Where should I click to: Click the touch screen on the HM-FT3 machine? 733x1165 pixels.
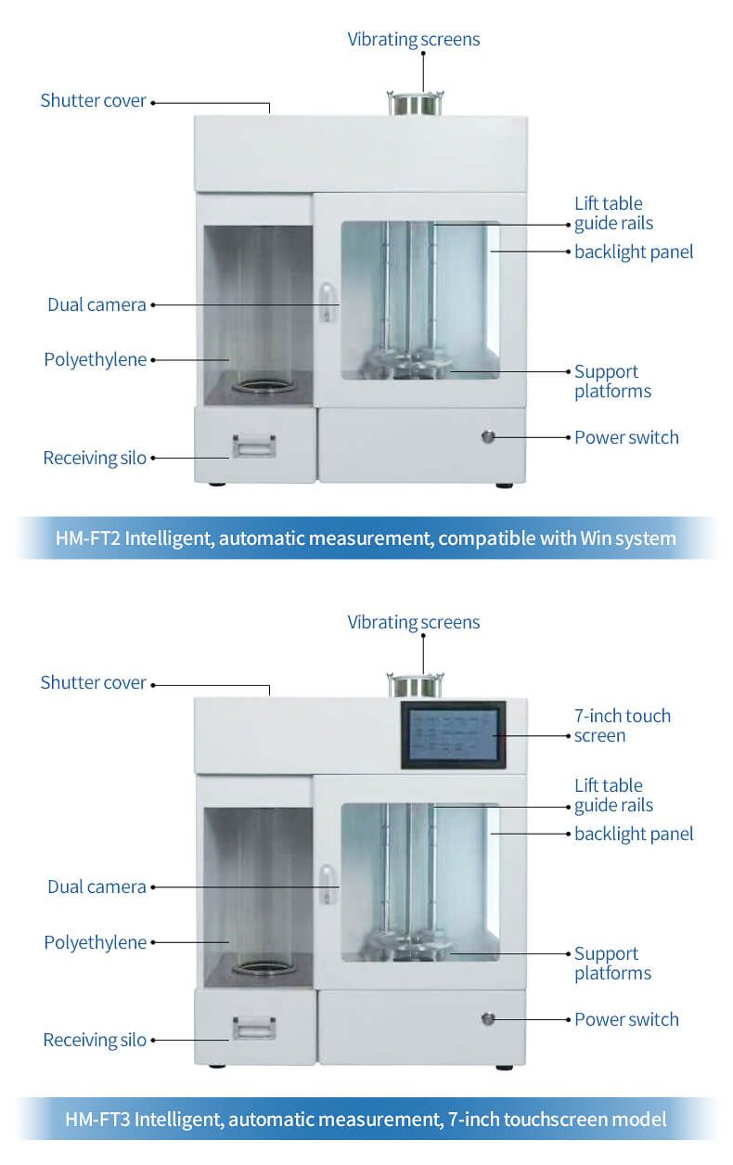(453, 735)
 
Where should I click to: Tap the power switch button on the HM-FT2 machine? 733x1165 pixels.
(488, 437)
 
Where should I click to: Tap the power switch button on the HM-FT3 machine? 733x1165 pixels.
(488, 1019)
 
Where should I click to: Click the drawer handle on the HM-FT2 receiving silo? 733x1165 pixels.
(254, 446)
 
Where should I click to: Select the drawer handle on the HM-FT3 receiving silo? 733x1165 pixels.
(254, 1028)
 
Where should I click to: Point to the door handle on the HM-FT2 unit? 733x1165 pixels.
(327, 303)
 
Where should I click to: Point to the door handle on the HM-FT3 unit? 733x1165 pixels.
(327, 884)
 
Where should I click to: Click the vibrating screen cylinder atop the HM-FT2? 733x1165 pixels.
(416, 103)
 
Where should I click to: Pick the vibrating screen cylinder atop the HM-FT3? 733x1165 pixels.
(416, 685)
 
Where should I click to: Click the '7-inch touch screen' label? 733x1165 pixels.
(623, 726)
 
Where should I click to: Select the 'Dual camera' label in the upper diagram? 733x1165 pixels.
(96, 304)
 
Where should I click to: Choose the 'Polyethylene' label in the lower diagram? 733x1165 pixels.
(96, 942)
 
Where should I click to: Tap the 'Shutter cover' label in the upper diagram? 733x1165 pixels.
(94, 100)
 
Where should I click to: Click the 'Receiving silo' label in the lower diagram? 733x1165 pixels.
(95, 1040)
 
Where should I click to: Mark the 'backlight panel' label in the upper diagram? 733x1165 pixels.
(634, 252)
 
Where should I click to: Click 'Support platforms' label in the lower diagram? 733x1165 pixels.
(612, 964)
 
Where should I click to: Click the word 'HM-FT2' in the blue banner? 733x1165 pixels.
(88, 538)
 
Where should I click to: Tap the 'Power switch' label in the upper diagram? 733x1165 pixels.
(626, 437)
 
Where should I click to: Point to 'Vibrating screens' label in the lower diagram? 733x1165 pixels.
(414, 622)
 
